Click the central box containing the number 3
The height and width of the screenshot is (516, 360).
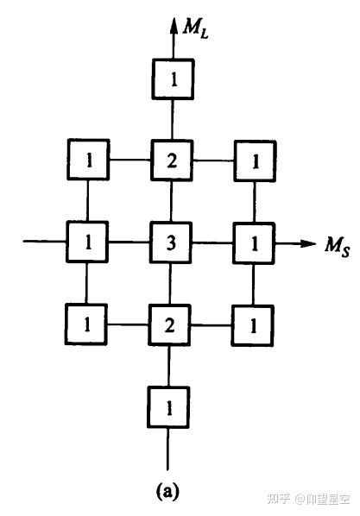pos(171,242)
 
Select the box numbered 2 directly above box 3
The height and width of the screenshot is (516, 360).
pos(172,160)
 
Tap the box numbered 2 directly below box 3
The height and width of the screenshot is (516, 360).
pos(169,325)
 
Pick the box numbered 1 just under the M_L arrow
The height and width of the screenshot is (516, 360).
pos(173,79)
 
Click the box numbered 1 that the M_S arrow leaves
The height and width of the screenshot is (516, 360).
pos(254,243)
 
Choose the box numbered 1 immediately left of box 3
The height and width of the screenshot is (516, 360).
pos(87,242)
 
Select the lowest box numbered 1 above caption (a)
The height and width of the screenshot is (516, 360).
pos(168,408)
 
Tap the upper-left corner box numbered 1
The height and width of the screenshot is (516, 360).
pos(89,160)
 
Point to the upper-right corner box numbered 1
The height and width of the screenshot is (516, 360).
pos(256,161)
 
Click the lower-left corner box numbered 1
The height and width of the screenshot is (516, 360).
pos(86,324)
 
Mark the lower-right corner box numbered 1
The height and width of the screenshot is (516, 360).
pos(253,326)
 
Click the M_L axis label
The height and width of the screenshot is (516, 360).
pos(195,28)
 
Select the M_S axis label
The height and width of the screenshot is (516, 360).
pos(337,246)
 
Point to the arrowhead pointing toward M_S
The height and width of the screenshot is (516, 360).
pos(307,243)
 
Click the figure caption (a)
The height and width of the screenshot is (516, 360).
pos(167,491)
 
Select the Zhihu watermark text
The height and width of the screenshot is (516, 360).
pos(308,499)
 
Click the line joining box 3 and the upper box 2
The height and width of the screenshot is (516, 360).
pos(171,201)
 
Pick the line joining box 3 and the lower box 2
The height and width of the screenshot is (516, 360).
pos(170,284)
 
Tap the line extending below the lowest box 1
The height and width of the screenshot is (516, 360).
pos(167,449)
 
